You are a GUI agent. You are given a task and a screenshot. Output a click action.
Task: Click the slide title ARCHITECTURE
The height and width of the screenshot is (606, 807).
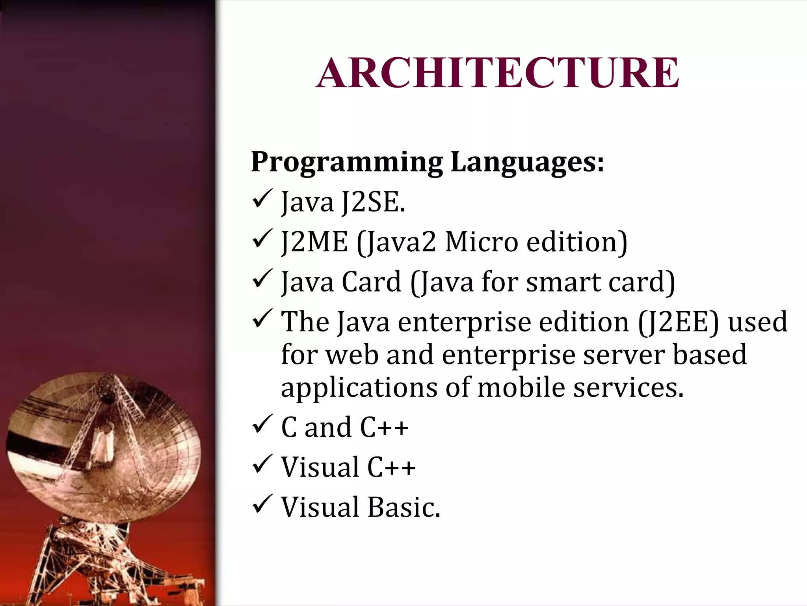point(497,73)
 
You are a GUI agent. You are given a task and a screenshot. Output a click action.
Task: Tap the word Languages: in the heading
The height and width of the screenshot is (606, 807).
point(527,162)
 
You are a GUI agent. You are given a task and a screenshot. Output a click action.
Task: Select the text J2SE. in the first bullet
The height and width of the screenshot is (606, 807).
point(374,202)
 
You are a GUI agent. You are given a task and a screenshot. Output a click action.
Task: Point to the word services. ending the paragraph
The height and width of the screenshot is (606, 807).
point(628,387)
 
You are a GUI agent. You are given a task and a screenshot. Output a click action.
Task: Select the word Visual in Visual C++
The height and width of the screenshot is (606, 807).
point(320,467)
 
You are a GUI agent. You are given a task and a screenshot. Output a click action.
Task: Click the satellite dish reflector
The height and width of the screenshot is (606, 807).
point(59,454)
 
